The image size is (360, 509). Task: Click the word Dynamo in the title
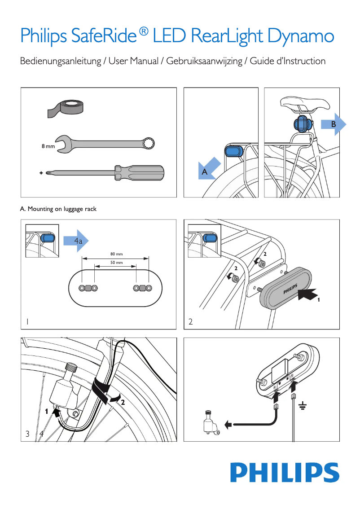(301, 36)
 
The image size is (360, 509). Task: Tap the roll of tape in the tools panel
(68, 108)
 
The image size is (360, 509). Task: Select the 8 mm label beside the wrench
(48, 146)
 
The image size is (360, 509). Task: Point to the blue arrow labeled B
(334, 124)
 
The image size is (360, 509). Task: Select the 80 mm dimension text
(116, 254)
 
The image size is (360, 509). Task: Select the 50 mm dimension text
(116, 262)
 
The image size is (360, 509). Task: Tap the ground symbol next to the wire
(303, 406)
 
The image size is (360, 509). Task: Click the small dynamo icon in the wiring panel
(209, 422)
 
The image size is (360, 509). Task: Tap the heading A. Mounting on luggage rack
(58, 209)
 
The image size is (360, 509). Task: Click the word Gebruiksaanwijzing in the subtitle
(204, 61)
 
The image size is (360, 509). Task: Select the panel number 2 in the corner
(191, 322)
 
